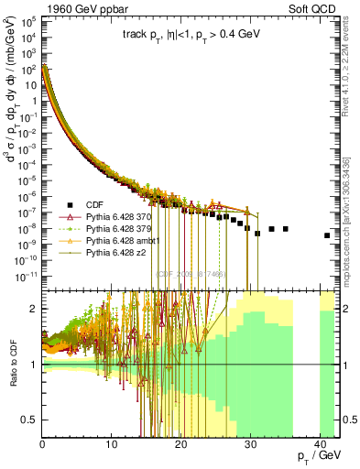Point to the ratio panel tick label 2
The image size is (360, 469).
point(34,309)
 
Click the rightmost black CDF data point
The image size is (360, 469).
point(327,235)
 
